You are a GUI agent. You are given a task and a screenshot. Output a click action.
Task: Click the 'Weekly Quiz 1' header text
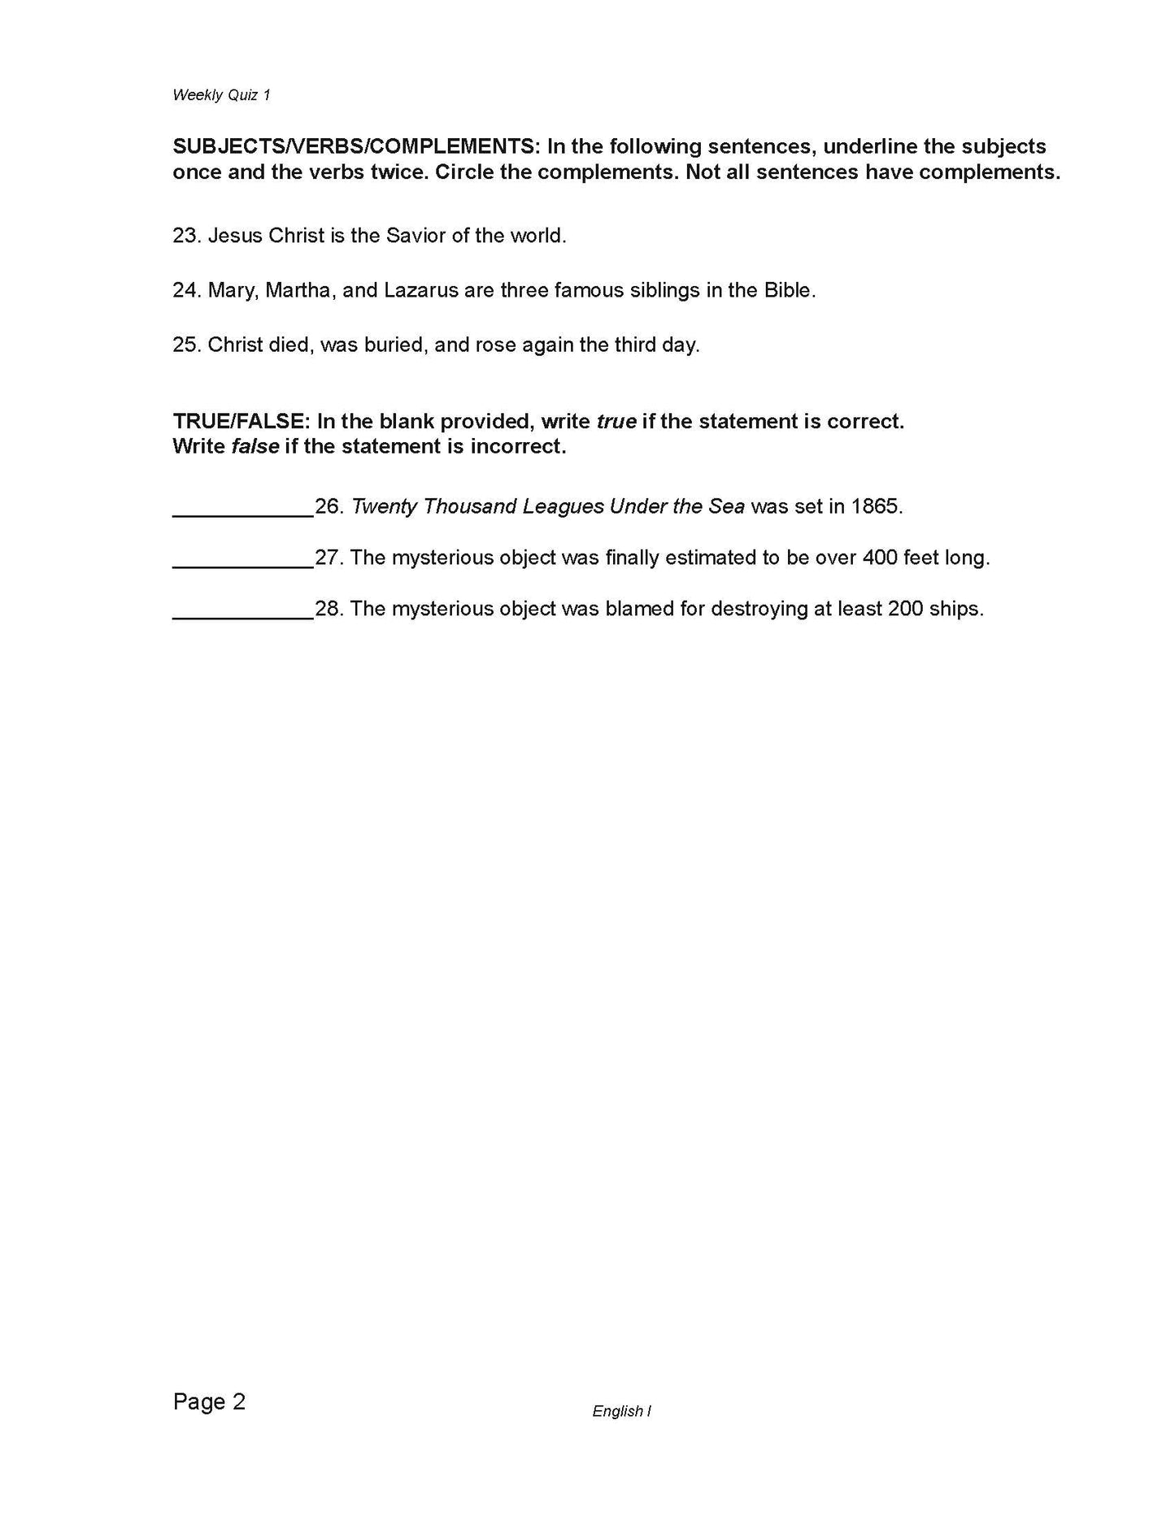click(221, 95)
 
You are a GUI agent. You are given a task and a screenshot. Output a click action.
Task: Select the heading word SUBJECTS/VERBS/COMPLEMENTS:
click(355, 147)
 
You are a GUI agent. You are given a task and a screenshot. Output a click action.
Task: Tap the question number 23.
click(186, 236)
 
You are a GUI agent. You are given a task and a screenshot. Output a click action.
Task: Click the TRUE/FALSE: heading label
click(241, 421)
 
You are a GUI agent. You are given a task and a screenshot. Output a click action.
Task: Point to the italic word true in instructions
click(616, 421)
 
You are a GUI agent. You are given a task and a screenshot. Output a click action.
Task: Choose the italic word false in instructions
click(255, 446)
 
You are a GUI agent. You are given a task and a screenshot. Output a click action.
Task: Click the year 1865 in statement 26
click(874, 506)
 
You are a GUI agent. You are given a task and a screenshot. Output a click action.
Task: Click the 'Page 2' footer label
click(209, 1402)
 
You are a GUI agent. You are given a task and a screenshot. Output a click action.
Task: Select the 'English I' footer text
click(621, 1412)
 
